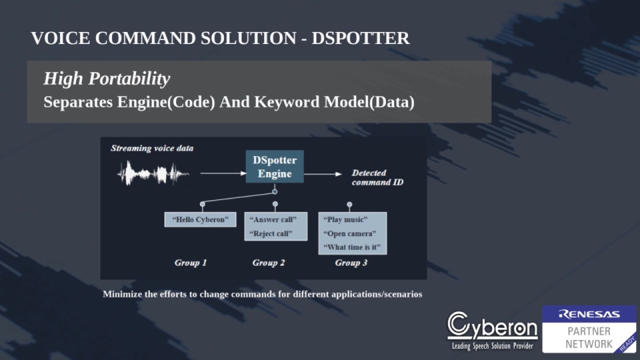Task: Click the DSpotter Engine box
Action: [x=274, y=167]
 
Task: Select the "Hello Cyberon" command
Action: [x=200, y=219]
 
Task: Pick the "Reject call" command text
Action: [x=271, y=233]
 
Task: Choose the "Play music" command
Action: [x=345, y=219]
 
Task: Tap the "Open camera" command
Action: [x=349, y=233]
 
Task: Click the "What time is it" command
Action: [x=351, y=247]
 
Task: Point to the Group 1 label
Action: [x=191, y=263]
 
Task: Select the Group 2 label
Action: [x=269, y=263]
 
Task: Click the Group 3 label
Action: [x=351, y=263]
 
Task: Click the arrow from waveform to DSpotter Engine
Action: [x=223, y=174]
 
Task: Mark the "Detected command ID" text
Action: [x=377, y=177]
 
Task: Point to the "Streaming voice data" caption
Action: [x=152, y=148]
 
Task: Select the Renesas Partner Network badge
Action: [x=589, y=329]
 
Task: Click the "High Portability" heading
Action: [x=107, y=79]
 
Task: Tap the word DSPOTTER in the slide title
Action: [x=360, y=39]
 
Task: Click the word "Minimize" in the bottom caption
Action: [x=122, y=294]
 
